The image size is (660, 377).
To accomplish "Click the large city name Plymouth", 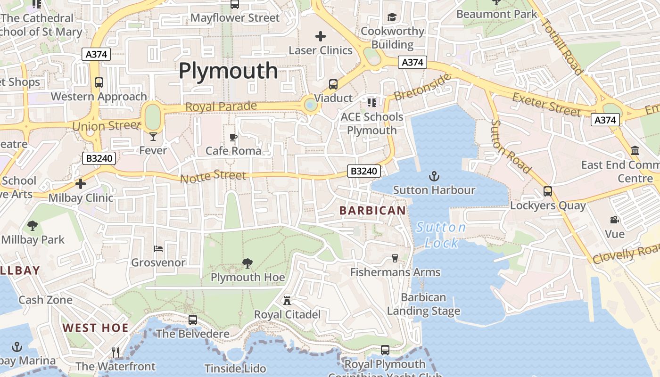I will click(x=228, y=71).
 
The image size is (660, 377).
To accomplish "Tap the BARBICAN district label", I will click(x=372, y=211).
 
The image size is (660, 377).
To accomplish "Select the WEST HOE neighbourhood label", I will click(x=95, y=328).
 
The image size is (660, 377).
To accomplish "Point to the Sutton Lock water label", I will click(x=441, y=235).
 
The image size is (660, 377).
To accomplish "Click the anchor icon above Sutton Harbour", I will click(x=434, y=177).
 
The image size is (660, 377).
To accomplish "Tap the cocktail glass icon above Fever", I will click(x=153, y=137).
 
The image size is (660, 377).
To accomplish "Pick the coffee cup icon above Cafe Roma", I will click(x=233, y=137).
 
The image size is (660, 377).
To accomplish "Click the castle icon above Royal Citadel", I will click(x=287, y=300).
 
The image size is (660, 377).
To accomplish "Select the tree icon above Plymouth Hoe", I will click(x=247, y=263).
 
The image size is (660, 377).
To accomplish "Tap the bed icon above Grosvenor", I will click(x=158, y=248).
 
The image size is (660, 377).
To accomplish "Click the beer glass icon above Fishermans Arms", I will click(x=395, y=258).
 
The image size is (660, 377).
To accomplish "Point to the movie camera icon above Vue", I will click(x=614, y=220).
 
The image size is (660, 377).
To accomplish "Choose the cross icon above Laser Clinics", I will click(x=321, y=36).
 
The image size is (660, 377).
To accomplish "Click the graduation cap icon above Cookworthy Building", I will click(x=392, y=17).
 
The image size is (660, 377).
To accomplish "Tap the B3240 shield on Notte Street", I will click(x=364, y=171).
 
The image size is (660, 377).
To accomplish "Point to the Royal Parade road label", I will click(x=221, y=107).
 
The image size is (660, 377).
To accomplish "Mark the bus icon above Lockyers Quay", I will click(x=548, y=191).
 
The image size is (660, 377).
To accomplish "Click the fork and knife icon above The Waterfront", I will click(x=115, y=352).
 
